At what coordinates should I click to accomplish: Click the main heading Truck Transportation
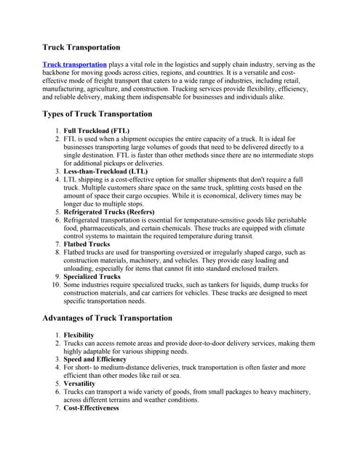point(81,47)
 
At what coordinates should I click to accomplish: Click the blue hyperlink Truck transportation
point(74,65)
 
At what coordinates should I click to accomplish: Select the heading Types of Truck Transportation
point(97,114)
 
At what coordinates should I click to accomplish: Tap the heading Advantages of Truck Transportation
point(107,318)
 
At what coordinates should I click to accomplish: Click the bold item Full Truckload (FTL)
point(97,130)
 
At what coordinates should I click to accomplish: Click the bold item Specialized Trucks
point(92,277)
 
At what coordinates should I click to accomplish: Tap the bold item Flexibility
point(79,334)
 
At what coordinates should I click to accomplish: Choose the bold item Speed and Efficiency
point(95,359)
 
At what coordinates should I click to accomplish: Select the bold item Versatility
point(79,383)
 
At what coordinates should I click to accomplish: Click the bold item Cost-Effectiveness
point(92,408)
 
